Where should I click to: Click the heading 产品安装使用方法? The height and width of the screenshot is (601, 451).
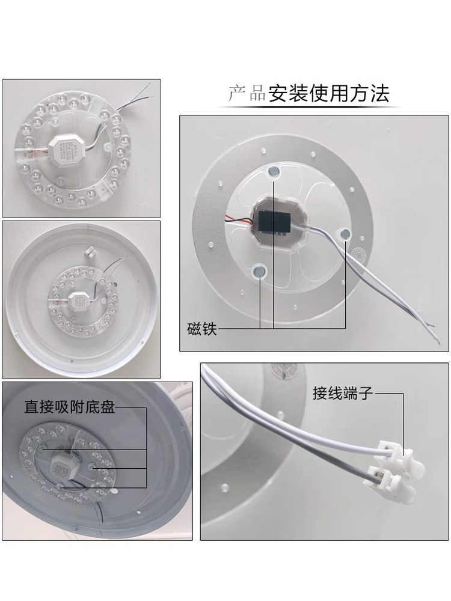pos(308,94)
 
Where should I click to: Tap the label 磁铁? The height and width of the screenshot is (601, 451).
pos(201,329)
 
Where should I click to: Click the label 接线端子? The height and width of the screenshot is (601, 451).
pos(343,393)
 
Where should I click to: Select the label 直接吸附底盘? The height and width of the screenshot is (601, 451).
pos(69,407)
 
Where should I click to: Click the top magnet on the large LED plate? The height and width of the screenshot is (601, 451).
pos(274,171)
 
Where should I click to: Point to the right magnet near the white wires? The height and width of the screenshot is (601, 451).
pos(345,233)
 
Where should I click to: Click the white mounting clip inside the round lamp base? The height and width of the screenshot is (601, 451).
pos(90,252)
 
